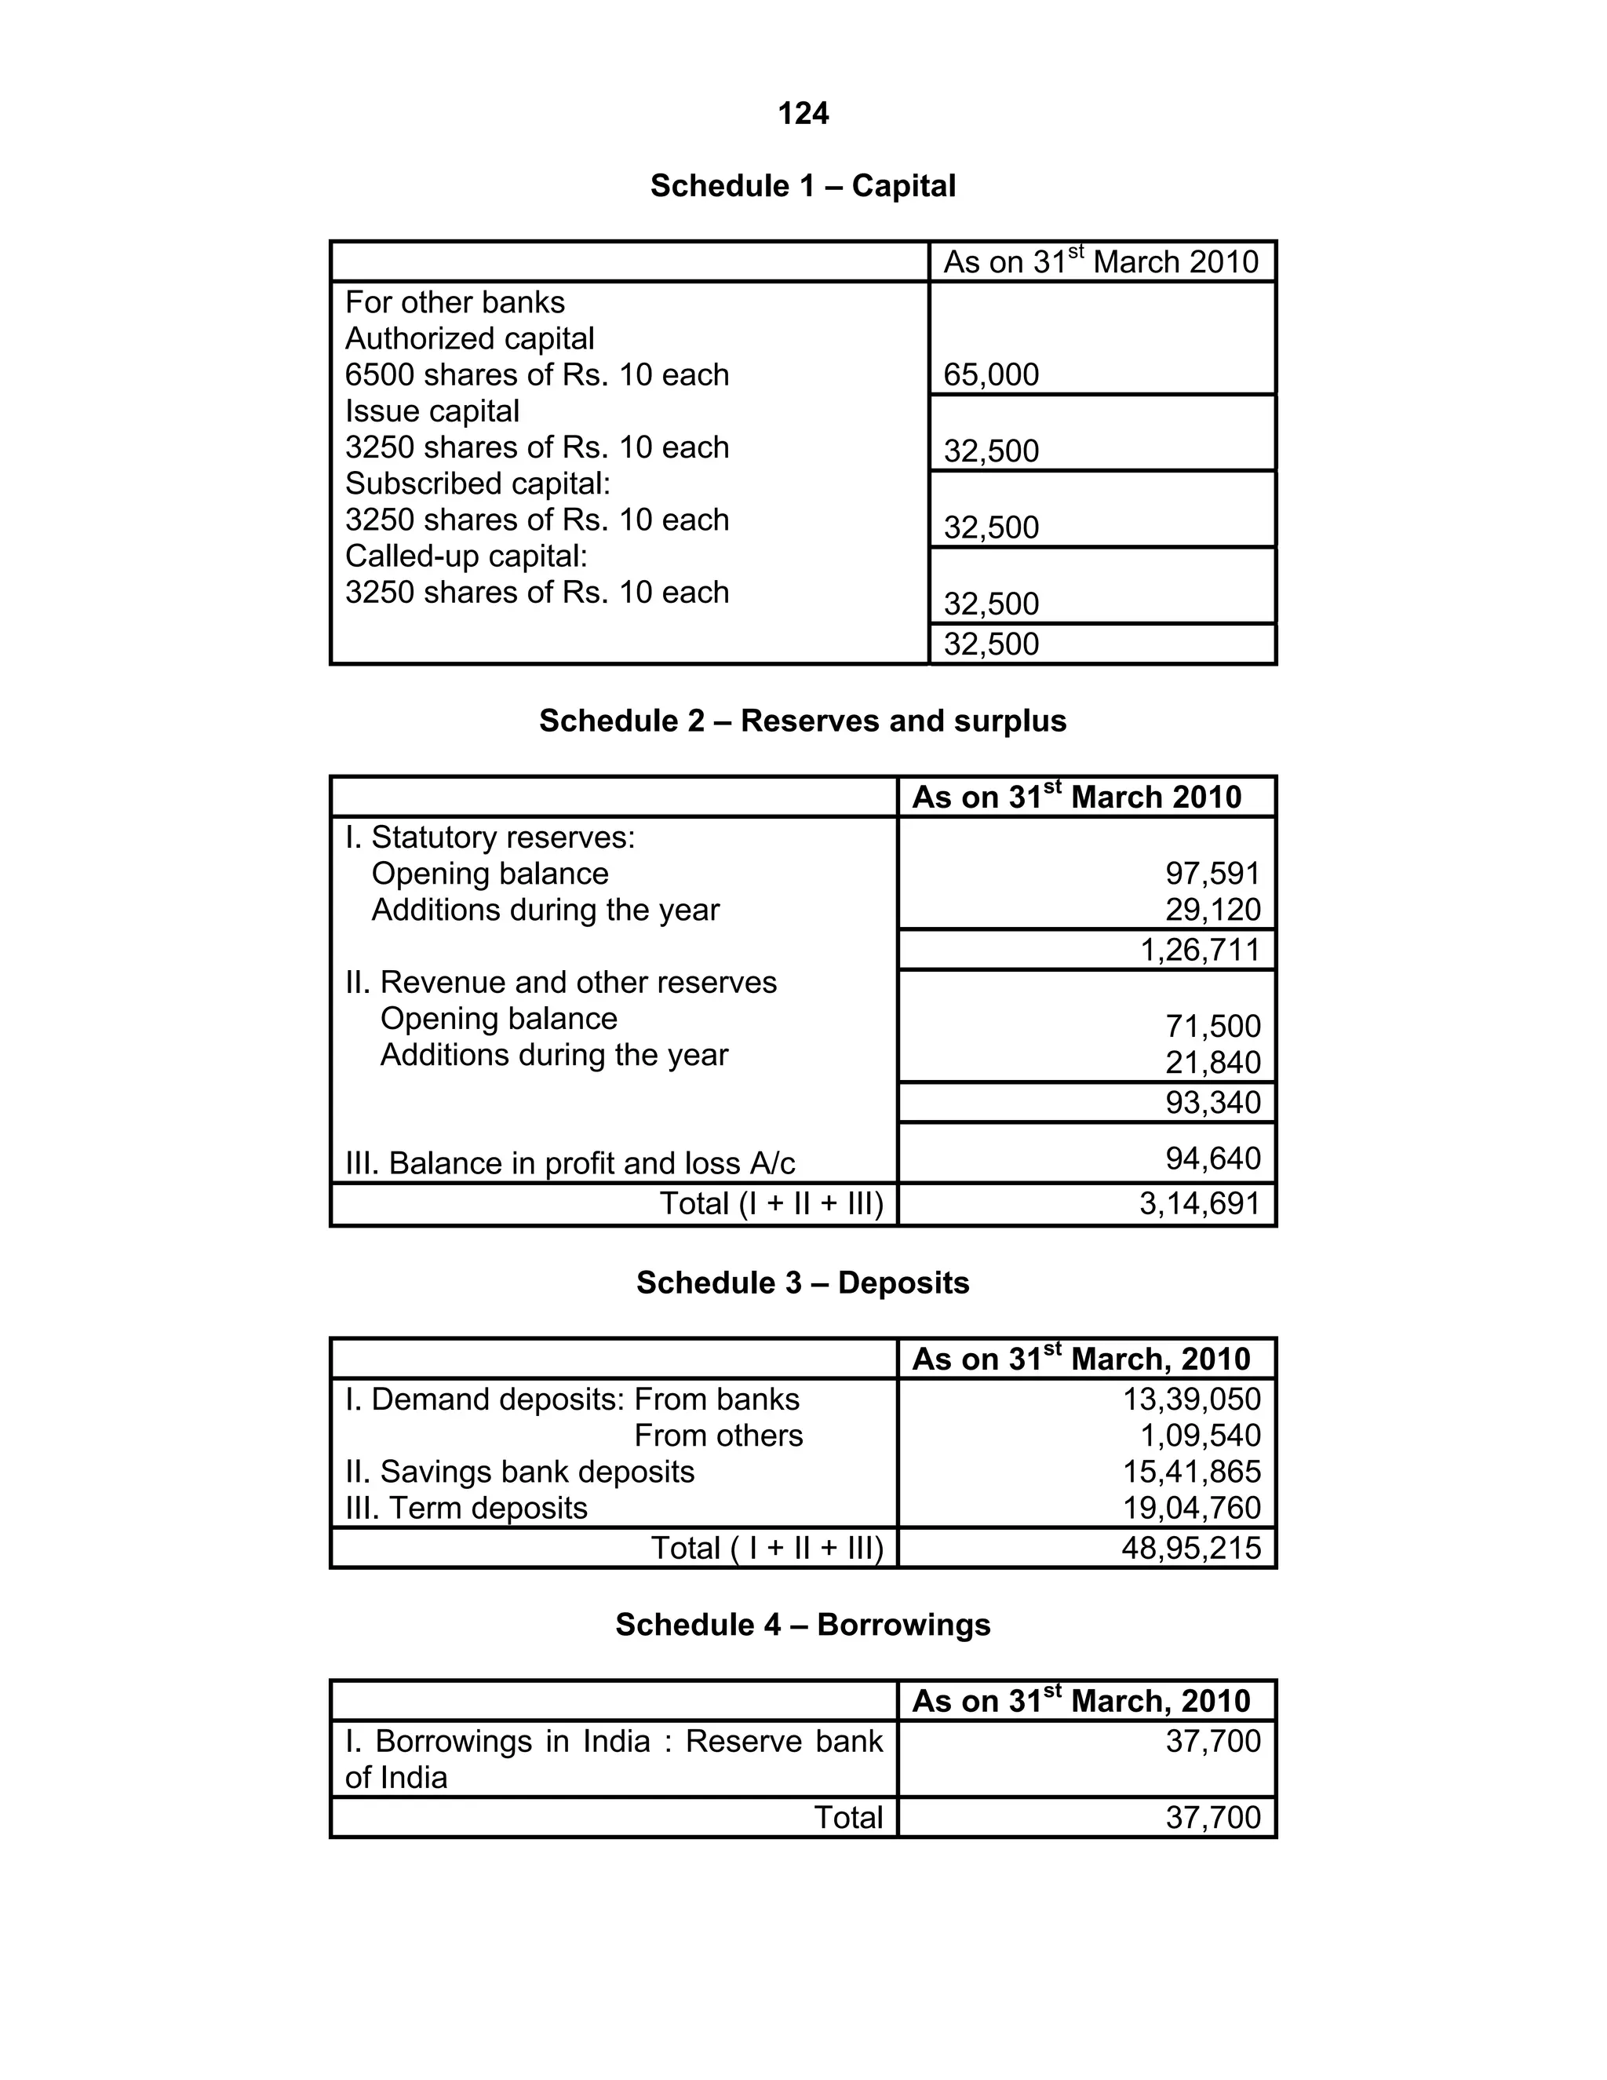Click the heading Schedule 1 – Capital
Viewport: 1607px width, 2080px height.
[x=803, y=186]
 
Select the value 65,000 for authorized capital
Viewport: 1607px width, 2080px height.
[x=991, y=374]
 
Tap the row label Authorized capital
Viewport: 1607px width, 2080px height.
[x=469, y=338]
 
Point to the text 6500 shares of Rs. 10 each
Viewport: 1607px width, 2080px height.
[x=537, y=374]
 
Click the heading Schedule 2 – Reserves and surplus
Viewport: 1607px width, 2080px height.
[x=803, y=721]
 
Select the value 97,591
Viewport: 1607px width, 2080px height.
[x=1212, y=874]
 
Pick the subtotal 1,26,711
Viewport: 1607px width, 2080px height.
[x=1200, y=950]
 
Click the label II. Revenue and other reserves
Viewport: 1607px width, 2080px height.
[x=561, y=982]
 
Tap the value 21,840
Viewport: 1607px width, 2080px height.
[x=1212, y=1062]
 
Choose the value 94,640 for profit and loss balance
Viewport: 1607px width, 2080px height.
[x=1212, y=1158]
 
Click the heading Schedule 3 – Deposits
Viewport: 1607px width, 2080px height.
[x=803, y=1283]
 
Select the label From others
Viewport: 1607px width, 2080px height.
[x=718, y=1436]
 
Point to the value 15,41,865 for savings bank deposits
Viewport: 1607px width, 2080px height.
[x=1191, y=1472]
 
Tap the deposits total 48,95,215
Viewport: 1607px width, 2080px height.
[x=1191, y=1548]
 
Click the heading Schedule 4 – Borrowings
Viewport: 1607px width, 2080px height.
[x=803, y=1625]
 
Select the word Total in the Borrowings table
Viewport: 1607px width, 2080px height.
[x=847, y=1817]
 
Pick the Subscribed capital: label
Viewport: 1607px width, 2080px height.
[x=477, y=484]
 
